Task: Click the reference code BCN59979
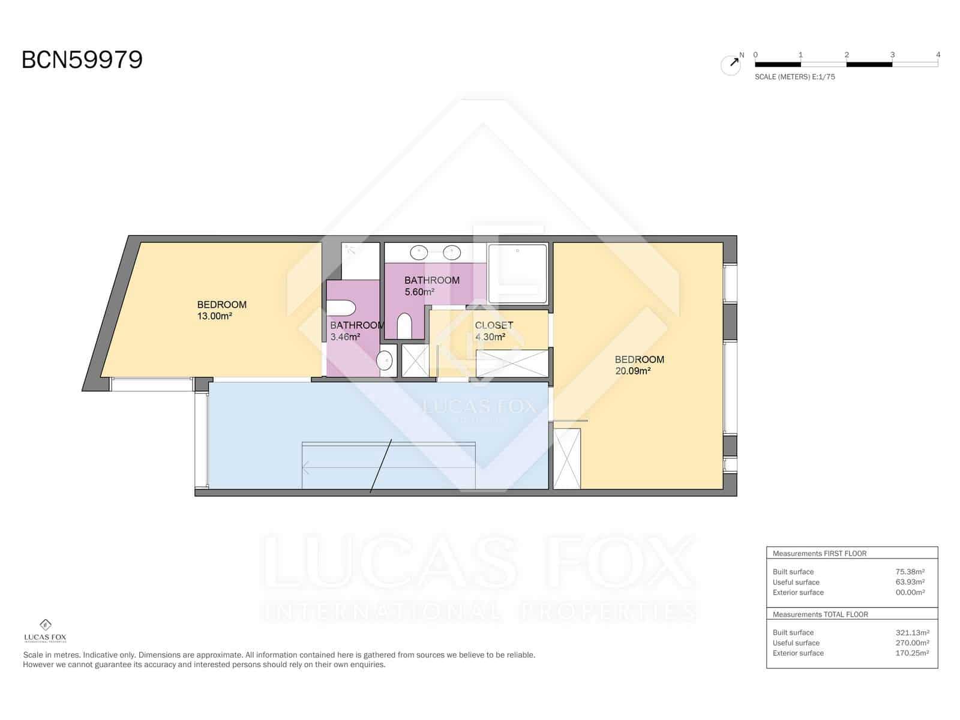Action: (x=82, y=60)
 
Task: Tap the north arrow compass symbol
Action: (x=731, y=64)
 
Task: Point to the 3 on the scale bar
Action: (x=892, y=55)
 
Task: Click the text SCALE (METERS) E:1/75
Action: (x=795, y=77)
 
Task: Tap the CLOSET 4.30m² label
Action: (x=494, y=331)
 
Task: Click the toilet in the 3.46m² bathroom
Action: (x=341, y=308)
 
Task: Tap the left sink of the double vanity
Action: (x=418, y=252)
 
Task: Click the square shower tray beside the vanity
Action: (x=518, y=273)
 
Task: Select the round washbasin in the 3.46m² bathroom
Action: (x=384, y=361)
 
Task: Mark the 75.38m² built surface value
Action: (x=910, y=572)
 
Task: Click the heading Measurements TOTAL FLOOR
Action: (x=820, y=614)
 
